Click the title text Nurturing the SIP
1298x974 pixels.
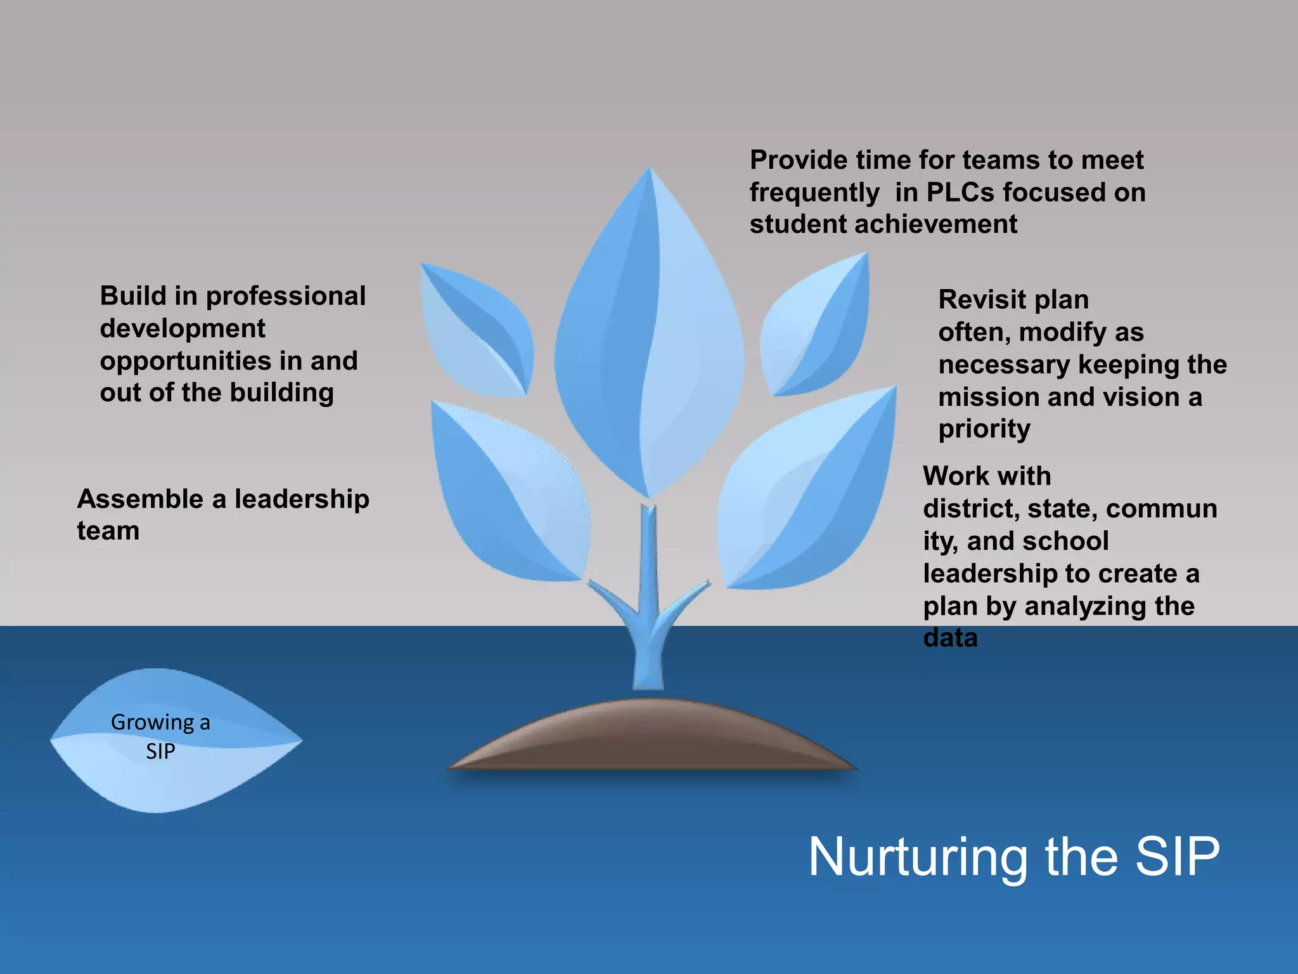(x=1014, y=857)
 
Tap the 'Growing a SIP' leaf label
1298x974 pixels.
(x=160, y=737)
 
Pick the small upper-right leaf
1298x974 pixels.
(x=818, y=327)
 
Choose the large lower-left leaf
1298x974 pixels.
(x=507, y=495)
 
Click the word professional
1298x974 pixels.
(x=286, y=296)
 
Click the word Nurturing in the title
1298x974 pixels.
(x=917, y=857)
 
